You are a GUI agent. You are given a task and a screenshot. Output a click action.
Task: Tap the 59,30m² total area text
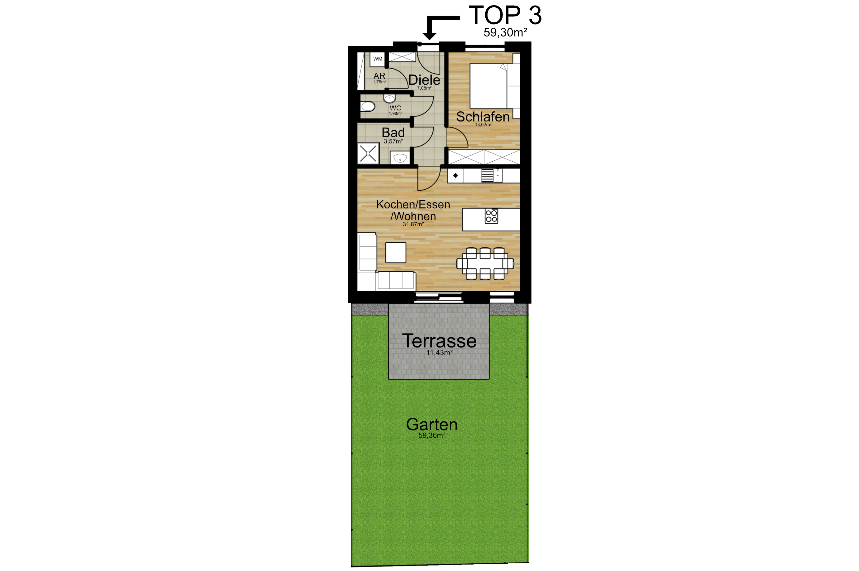[x=505, y=33]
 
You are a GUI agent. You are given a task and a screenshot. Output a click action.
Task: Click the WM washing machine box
[x=378, y=59]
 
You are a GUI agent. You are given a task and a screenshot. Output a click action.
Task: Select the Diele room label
[x=424, y=80]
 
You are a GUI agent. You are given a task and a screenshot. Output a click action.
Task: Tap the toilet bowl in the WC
[x=368, y=106]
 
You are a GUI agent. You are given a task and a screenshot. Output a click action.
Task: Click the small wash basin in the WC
[x=389, y=98]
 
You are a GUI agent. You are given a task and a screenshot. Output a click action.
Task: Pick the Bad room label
[x=393, y=132]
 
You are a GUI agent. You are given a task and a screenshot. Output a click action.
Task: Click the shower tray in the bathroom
[x=368, y=154]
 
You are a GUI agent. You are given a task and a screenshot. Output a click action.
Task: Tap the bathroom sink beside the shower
[x=400, y=158]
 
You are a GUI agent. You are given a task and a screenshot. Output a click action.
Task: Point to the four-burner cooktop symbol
[x=491, y=216]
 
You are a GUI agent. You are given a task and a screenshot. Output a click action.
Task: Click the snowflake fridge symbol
[x=455, y=175]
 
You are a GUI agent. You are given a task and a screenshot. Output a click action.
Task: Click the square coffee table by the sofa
[x=396, y=253]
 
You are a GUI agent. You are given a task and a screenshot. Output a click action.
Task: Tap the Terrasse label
[x=439, y=341]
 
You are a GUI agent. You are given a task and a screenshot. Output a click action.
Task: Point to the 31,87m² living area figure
[x=413, y=224]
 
